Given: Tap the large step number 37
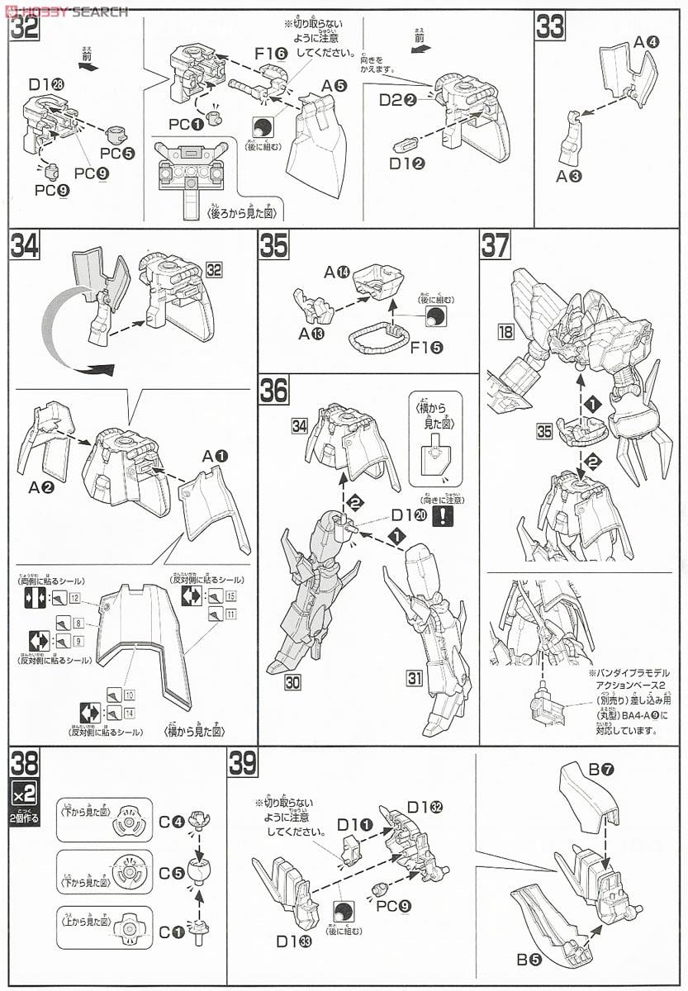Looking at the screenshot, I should pos(494,245).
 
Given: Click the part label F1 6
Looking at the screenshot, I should pos(270,54).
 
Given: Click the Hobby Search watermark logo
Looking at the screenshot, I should pos(66,11).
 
